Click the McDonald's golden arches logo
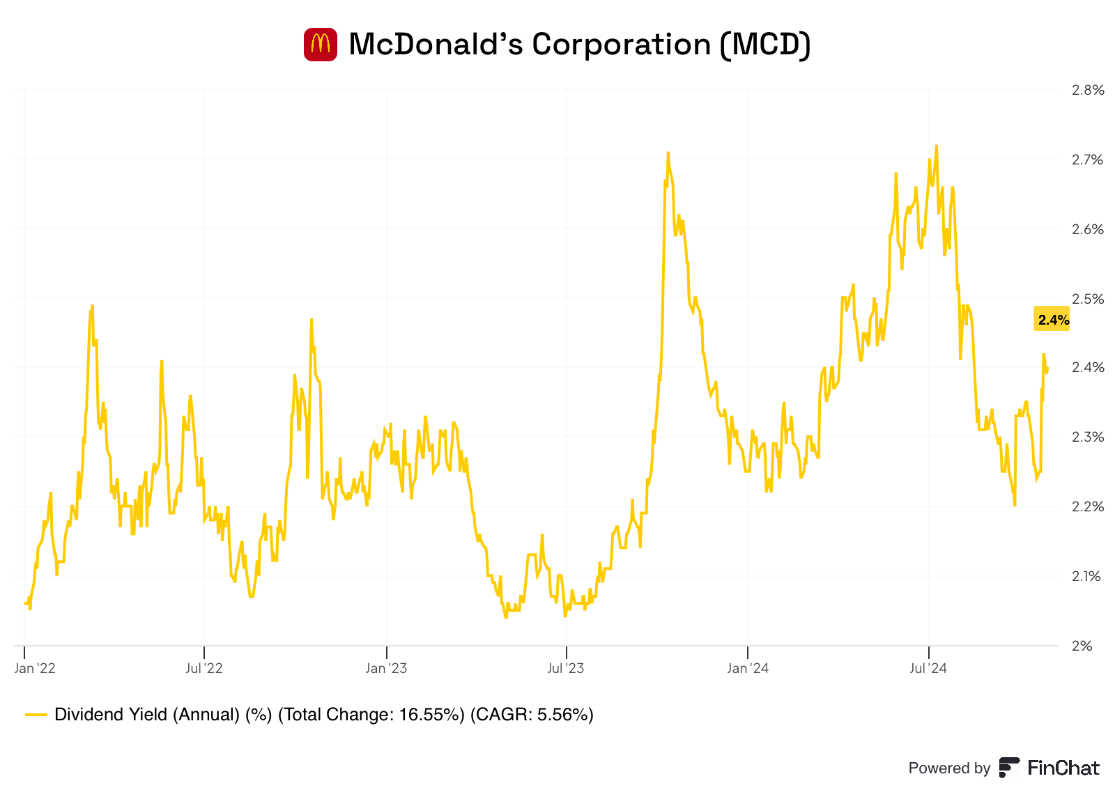click(321, 45)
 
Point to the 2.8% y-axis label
click(1087, 90)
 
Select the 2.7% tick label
click(1087, 160)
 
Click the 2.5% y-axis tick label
click(1087, 299)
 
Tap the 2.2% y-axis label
click(1087, 506)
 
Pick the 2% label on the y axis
click(1082, 646)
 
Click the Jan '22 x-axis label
click(35, 669)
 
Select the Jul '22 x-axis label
click(204, 669)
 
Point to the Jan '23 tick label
click(386, 669)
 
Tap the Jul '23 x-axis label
click(566, 669)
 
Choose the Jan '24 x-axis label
click(747, 669)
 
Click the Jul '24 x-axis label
click(928, 669)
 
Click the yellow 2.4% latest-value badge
click(1052, 320)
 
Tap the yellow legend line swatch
click(36, 715)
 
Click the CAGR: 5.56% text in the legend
click(532, 715)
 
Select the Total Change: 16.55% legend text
click(371, 715)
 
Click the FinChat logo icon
click(1008, 768)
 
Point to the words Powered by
click(948, 768)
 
